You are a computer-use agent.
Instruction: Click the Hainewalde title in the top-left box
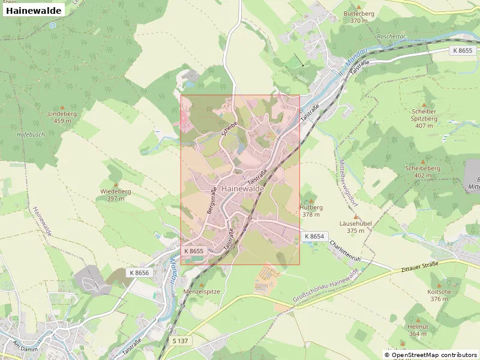(x=34, y=11)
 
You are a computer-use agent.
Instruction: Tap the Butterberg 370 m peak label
(x=359, y=17)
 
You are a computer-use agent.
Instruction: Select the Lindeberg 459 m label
(x=62, y=117)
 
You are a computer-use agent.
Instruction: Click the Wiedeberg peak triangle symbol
(x=115, y=184)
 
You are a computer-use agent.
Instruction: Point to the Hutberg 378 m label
(x=311, y=211)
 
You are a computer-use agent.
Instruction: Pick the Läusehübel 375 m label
(x=356, y=226)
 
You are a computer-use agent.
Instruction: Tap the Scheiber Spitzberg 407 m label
(x=424, y=118)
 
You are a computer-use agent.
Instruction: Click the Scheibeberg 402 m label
(x=422, y=172)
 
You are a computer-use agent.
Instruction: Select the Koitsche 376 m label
(x=439, y=295)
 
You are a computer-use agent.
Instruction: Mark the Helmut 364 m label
(x=418, y=330)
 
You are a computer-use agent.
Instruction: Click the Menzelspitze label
(x=202, y=292)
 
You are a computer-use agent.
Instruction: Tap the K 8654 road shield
(x=314, y=236)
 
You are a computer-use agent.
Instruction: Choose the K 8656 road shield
(x=139, y=272)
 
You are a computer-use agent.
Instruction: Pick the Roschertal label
(x=391, y=36)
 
